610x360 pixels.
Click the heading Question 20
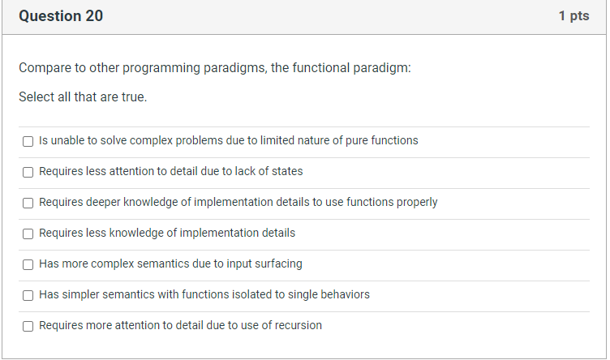click(61, 16)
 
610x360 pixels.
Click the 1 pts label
click(573, 16)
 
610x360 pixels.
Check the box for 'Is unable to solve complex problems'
click(28, 141)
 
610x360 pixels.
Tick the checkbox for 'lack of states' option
click(28, 172)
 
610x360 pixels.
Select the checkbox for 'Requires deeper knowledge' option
click(28, 203)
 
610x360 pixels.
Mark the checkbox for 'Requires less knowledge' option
click(28, 234)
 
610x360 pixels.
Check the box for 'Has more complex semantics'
click(28, 264)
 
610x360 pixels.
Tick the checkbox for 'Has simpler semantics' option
click(28, 295)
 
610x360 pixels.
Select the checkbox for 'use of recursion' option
click(28, 326)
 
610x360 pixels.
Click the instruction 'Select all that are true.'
click(83, 97)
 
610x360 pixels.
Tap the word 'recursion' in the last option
click(295, 325)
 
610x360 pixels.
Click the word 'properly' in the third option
click(416, 202)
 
